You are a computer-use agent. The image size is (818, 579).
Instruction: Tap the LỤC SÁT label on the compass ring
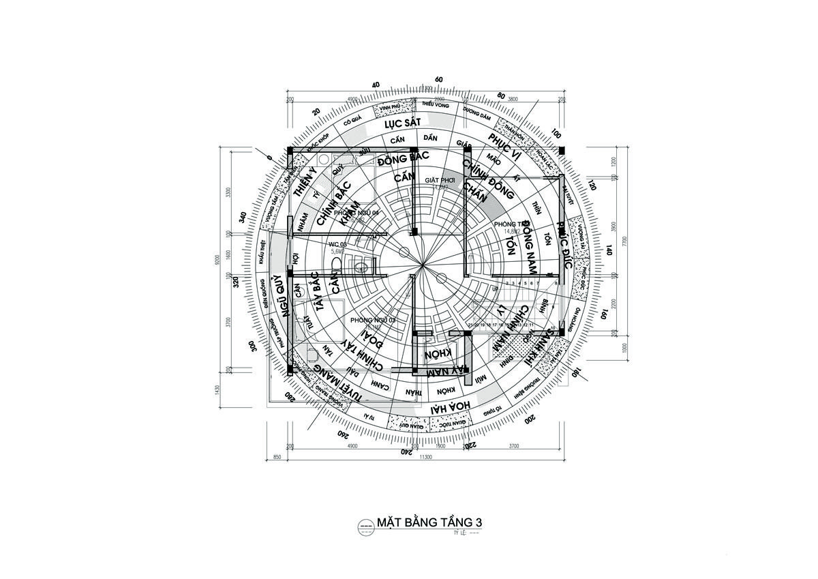[400, 124]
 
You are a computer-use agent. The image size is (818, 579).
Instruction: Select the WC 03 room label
[338, 243]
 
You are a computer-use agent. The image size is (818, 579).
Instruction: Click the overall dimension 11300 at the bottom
[425, 457]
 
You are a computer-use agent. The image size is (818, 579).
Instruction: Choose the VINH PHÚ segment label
[389, 108]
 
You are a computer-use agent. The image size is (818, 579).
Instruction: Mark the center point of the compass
[423, 263]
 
